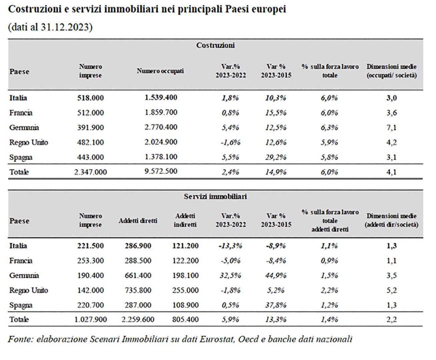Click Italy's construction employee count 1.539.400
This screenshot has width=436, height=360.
(x=161, y=97)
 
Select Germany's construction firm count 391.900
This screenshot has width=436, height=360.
(x=90, y=127)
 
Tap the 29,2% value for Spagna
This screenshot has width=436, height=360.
(x=276, y=157)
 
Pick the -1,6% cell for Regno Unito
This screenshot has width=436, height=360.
(x=231, y=142)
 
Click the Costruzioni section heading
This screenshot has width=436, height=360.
(x=215, y=45)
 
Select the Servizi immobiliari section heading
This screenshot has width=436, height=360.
(x=215, y=196)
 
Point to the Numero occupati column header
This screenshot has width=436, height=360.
(x=160, y=71)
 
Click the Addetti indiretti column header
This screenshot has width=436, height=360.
(x=185, y=220)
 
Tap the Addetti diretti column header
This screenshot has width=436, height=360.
(x=138, y=221)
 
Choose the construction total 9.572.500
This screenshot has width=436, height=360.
(x=161, y=171)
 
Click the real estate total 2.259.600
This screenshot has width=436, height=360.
(x=138, y=319)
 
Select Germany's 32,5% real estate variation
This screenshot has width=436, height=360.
(x=230, y=275)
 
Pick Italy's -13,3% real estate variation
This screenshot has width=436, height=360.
(x=230, y=246)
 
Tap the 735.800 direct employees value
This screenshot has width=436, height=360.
(x=138, y=290)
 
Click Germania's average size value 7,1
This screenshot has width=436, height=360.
(x=391, y=127)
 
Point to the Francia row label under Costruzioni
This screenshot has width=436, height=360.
(x=21, y=113)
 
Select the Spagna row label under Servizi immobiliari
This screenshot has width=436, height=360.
(x=21, y=305)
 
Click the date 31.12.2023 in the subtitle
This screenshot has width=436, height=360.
(x=65, y=27)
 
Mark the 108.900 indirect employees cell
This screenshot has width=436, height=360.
(x=185, y=305)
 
